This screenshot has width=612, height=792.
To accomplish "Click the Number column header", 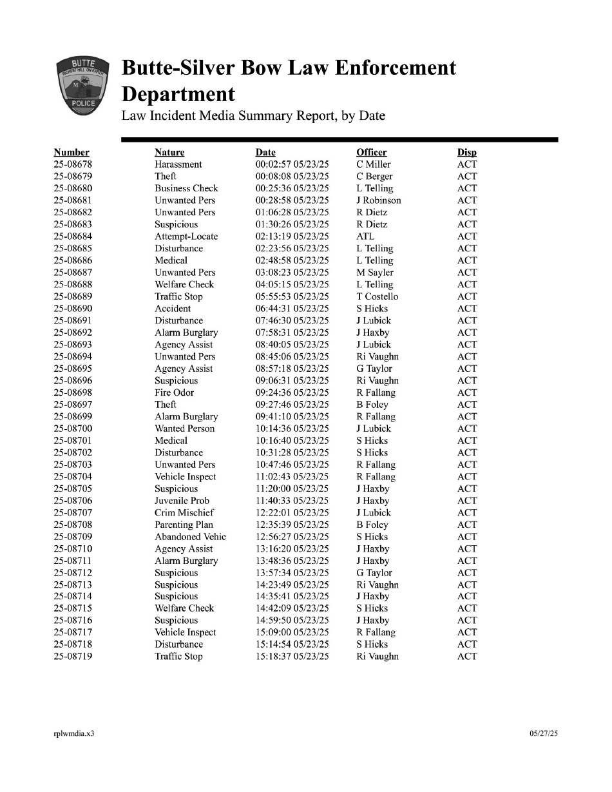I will [72, 153].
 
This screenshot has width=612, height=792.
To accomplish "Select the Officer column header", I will [372, 153].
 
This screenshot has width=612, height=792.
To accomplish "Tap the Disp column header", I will [467, 153].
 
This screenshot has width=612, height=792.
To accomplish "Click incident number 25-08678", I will [73, 164].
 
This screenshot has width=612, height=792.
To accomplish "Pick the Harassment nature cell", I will [178, 164].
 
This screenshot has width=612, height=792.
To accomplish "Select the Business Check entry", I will [186, 188].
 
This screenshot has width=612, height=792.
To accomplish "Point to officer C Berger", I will [374, 177].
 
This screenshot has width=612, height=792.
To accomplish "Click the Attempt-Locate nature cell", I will [186, 237].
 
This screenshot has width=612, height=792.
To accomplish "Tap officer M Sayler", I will [375, 273].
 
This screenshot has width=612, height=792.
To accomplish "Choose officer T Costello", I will [378, 296].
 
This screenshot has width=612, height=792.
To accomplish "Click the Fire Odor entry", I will [174, 392].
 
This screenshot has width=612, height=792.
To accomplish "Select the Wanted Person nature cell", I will [185, 429].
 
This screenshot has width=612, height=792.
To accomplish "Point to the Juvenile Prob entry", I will [182, 501].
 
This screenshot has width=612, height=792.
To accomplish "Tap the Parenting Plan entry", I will [184, 525].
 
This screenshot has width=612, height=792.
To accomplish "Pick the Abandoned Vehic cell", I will [191, 537].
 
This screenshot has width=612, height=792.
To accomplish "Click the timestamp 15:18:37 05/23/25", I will [292, 657].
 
